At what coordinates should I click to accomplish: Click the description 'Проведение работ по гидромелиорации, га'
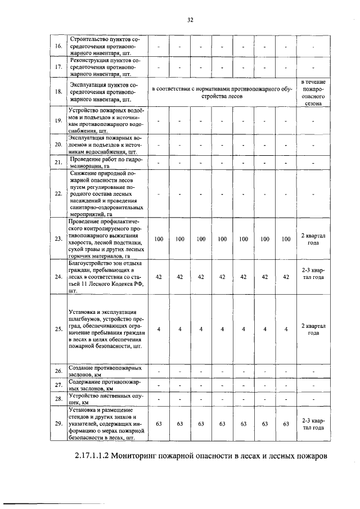[x=105, y=163]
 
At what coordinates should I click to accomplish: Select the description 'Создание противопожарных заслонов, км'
[x=105, y=371]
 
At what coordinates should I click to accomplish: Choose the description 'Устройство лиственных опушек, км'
[x=105, y=400]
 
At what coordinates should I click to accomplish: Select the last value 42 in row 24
[x=286, y=277]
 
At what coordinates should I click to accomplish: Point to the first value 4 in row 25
[x=159, y=329]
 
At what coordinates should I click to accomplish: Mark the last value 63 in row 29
[x=286, y=424]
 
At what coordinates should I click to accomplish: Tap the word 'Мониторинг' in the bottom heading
[x=157, y=455]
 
